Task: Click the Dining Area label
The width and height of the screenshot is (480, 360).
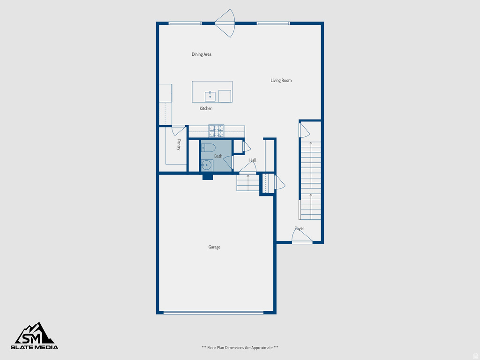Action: (x=202, y=54)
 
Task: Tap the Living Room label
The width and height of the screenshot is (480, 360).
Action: (x=281, y=81)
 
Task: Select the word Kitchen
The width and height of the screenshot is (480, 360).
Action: (x=206, y=109)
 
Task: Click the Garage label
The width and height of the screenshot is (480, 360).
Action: (x=214, y=247)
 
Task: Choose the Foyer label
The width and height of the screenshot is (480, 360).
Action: (x=299, y=229)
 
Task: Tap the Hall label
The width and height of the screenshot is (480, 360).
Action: (x=253, y=160)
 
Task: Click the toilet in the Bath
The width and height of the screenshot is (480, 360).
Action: (x=209, y=148)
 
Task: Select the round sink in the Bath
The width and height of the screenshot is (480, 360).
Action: (x=206, y=165)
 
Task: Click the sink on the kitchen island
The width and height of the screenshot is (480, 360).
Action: (x=210, y=97)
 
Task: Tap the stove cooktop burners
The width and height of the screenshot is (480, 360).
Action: (x=216, y=131)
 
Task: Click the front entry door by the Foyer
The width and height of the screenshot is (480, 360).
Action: (x=302, y=238)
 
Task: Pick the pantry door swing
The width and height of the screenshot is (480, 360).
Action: (x=179, y=130)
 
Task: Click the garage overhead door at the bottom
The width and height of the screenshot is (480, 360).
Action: (x=213, y=312)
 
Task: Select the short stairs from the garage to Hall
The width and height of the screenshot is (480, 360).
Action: (x=248, y=182)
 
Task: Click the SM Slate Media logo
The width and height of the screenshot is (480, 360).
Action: (x=35, y=336)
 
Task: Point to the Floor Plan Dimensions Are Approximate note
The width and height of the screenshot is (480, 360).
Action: (x=240, y=347)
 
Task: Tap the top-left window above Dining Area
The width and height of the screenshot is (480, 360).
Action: (x=185, y=23)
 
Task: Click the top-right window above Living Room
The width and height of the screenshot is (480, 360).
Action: (x=273, y=23)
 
